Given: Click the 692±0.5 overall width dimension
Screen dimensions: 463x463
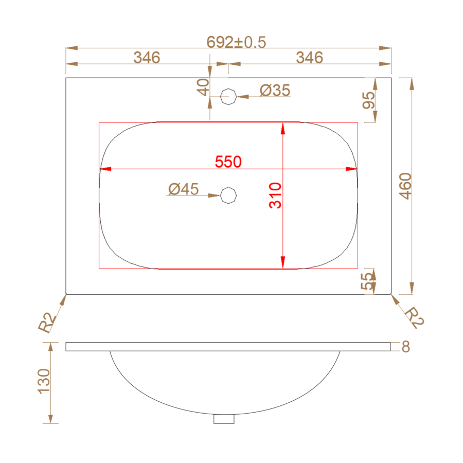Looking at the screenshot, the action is (x=236, y=42).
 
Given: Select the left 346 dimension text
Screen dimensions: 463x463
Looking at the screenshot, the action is (x=147, y=58).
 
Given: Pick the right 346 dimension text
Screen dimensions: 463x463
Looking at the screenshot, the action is (x=310, y=58).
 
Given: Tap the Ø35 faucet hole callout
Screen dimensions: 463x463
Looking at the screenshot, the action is (x=275, y=91).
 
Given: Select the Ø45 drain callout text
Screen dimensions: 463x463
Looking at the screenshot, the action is (x=183, y=189).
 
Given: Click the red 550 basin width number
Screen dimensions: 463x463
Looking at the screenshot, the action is (x=228, y=162).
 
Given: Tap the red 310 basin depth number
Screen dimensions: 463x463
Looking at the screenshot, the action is (x=275, y=195).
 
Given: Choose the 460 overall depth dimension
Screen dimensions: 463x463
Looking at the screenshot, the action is (x=405, y=186).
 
